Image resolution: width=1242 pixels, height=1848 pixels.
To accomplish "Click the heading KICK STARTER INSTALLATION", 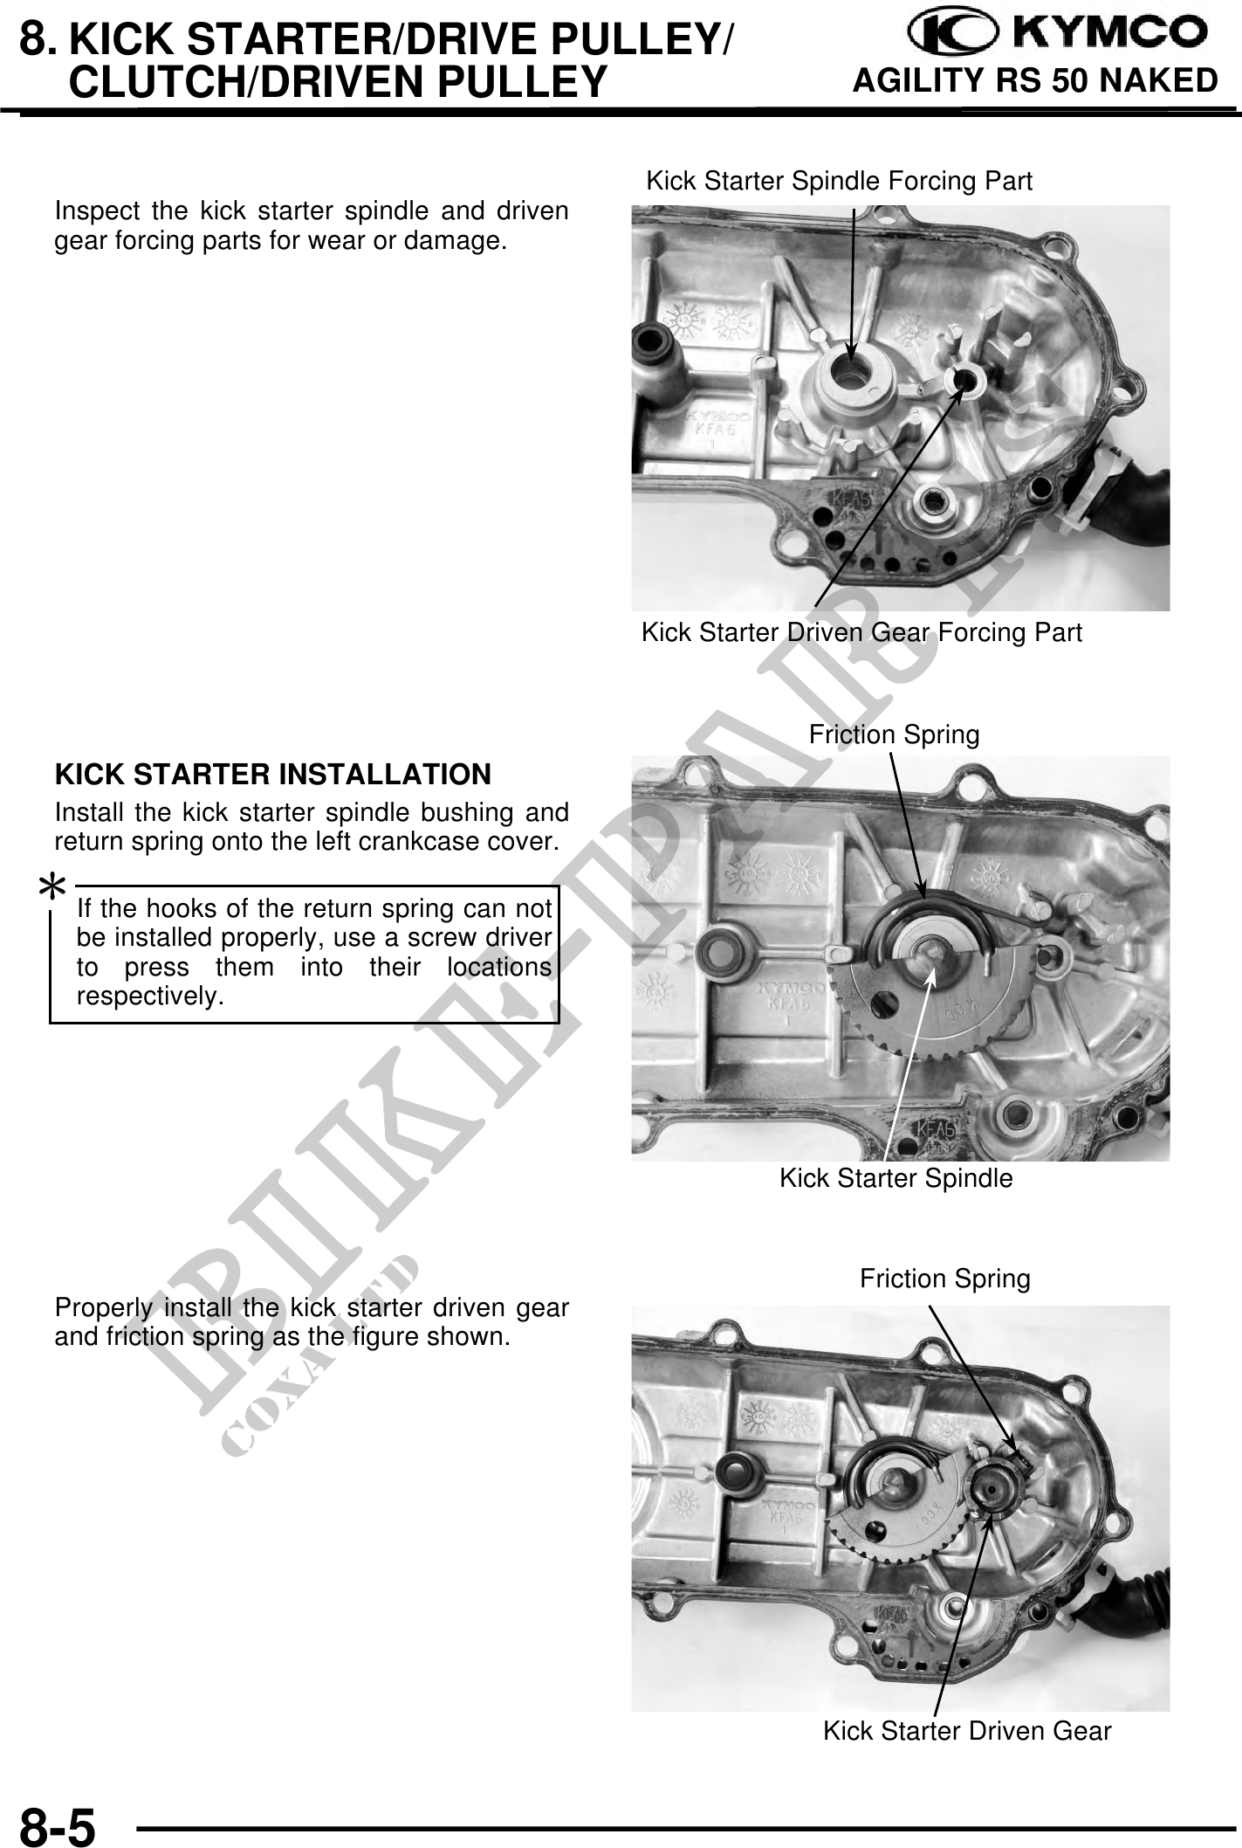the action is (273, 774).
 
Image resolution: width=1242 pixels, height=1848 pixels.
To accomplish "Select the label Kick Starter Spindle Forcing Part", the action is (839, 181).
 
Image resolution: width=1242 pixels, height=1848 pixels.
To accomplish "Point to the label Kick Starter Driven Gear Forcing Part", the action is (861, 632).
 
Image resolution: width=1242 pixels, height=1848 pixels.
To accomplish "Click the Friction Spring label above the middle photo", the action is (895, 734).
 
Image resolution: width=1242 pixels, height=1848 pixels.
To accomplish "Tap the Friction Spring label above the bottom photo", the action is (945, 1279).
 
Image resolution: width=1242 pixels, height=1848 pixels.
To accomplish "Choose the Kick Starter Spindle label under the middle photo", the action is (896, 1178).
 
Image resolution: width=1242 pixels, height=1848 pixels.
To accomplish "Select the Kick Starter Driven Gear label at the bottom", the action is (967, 1730).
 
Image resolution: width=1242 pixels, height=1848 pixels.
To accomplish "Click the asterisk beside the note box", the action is (52, 889).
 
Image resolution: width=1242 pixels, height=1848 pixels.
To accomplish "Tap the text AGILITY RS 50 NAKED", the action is (1034, 80).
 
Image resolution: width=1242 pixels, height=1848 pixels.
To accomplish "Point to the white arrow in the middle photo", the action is (910, 1063).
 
